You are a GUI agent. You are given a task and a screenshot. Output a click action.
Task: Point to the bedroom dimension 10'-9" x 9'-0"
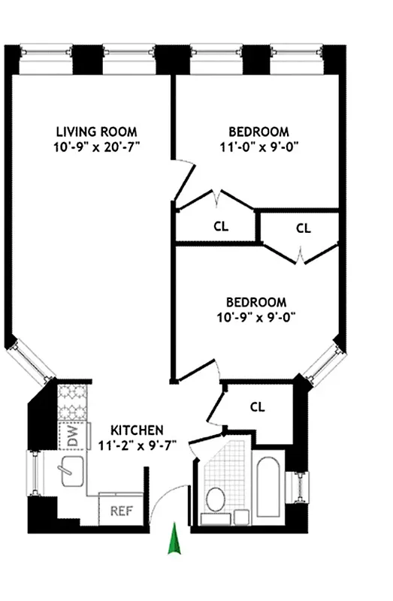[252, 316]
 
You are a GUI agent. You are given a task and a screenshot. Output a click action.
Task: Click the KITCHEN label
[137, 430]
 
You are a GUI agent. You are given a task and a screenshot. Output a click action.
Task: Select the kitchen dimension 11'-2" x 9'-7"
[137, 445]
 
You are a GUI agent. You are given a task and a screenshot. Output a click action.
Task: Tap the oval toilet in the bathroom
[216, 497]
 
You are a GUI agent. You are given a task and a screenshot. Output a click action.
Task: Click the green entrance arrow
[174, 539]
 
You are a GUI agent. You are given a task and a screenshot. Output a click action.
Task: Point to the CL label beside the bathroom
[258, 407]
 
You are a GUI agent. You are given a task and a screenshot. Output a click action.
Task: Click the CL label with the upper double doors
[221, 225]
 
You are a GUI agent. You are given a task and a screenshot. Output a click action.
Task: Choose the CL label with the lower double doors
[303, 228]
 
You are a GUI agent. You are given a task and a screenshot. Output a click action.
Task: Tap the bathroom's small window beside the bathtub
[302, 487]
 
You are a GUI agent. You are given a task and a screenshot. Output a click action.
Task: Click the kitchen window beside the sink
[32, 473]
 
